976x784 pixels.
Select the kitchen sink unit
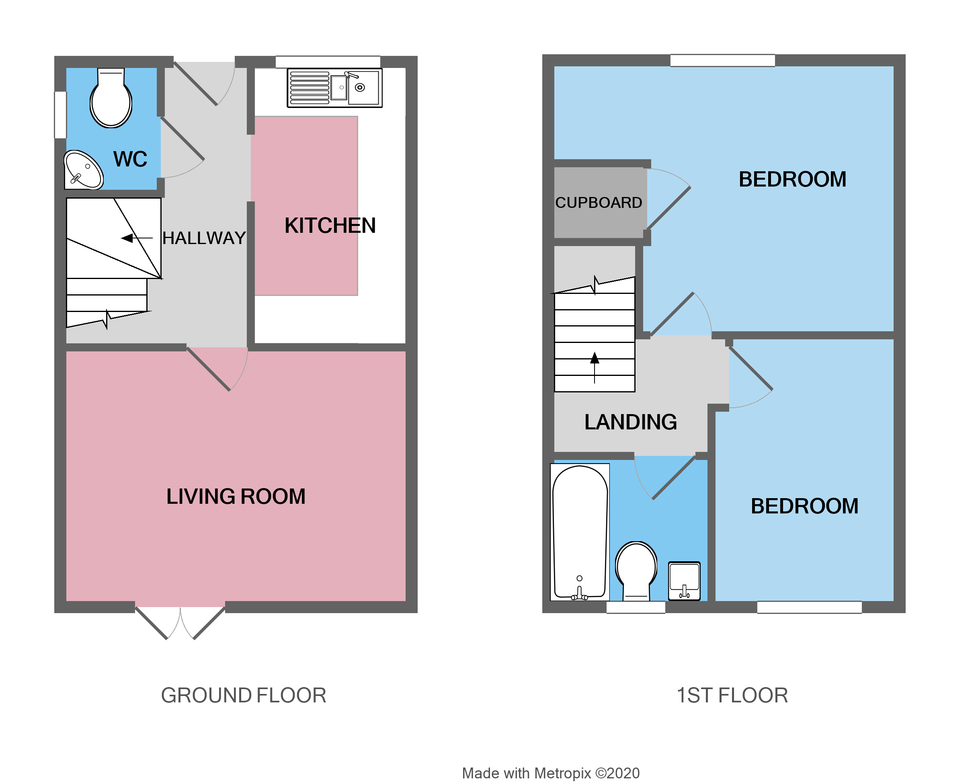point(334,88)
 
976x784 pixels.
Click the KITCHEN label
point(330,226)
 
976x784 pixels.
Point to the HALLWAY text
point(204,238)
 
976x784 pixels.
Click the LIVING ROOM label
point(236,497)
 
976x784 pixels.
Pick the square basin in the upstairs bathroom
point(684,581)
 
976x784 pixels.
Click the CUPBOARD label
point(599,203)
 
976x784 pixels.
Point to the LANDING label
point(631,422)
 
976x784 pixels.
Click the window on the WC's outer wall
point(60,115)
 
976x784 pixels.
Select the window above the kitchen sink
point(328,62)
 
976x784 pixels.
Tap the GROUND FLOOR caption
point(244,696)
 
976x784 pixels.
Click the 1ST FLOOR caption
point(732,696)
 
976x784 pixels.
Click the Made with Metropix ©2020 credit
point(550,773)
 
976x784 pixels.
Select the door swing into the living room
point(222,369)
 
